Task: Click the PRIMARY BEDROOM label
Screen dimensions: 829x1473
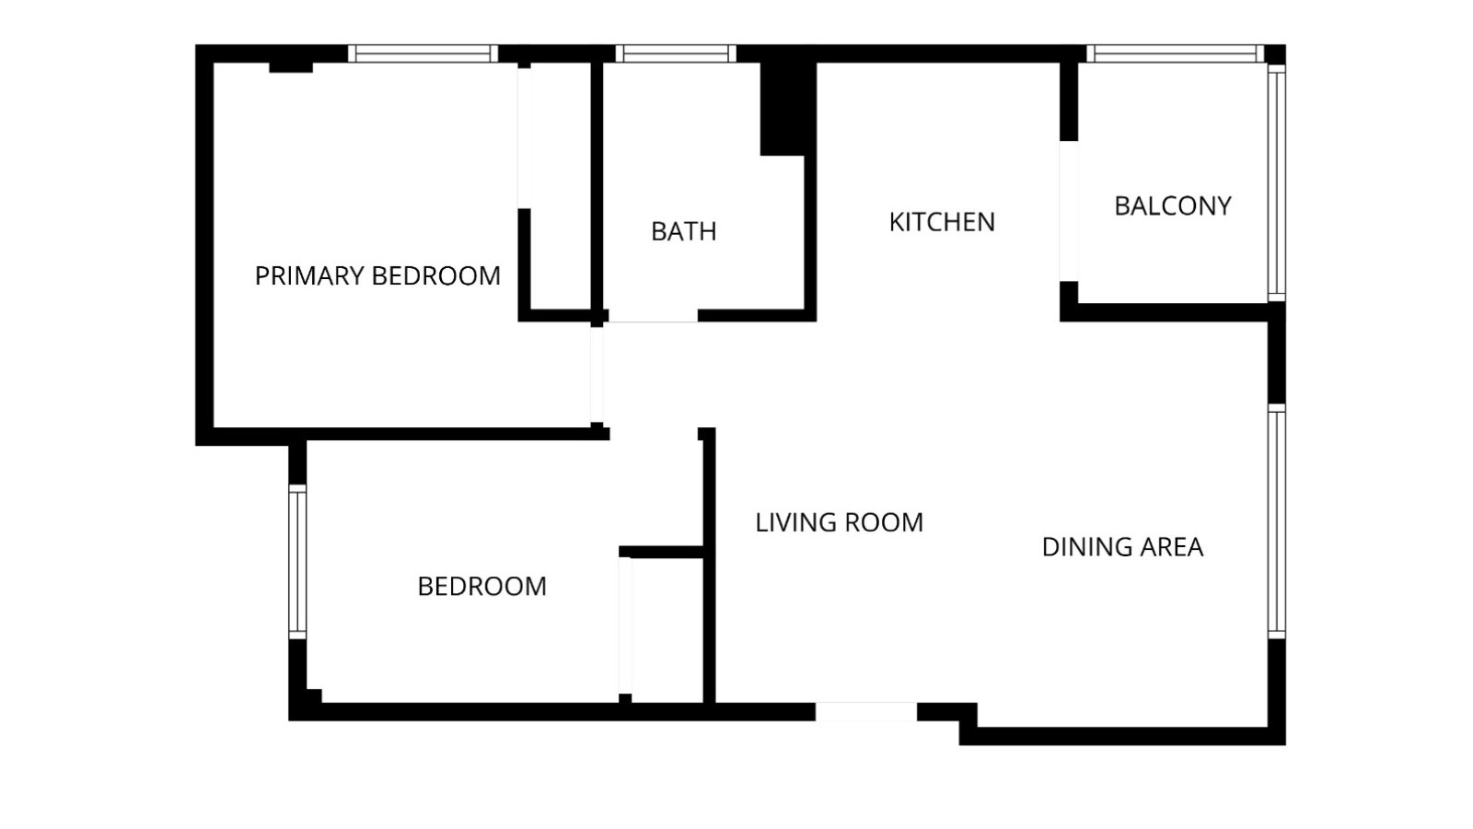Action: coord(377,275)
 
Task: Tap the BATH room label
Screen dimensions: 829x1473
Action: coord(683,231)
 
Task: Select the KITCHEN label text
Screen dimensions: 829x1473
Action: coord(942,222)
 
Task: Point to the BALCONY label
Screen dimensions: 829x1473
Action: coord(1172,205)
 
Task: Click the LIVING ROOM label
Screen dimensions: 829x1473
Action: coord(839,522)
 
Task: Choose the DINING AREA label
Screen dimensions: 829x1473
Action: coord(1122,547)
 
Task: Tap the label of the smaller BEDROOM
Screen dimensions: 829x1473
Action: coord(481,586)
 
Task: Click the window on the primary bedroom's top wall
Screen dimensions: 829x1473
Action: coord(423,53)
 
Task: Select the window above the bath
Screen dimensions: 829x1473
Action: coord(675,53)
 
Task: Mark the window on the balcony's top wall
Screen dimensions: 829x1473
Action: coord(1176,53)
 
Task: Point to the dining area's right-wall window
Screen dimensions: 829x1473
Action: coord(1276,521)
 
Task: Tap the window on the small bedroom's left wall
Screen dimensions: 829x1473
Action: coord(297,561)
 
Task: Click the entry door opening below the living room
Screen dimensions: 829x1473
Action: coord(865,711)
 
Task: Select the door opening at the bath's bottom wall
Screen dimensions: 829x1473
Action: coord(652,315)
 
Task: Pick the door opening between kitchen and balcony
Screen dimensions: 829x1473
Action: coord(1068,210)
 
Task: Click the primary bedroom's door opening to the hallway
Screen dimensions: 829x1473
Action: coord(597,375)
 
